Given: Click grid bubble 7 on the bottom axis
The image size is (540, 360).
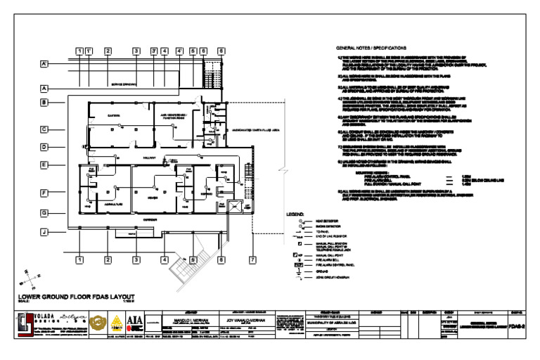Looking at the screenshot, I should coord(252,260).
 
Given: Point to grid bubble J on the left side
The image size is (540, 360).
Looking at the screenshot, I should coord(44,231).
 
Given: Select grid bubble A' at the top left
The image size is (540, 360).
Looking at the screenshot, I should coord(44,64).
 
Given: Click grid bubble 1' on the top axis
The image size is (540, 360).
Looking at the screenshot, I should coord(89,51).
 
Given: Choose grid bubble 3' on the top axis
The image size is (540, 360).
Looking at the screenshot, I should coord(153,51).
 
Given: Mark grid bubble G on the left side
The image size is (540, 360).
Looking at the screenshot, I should coord(44,212).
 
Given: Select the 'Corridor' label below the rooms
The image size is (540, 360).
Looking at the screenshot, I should coord(148,220).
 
